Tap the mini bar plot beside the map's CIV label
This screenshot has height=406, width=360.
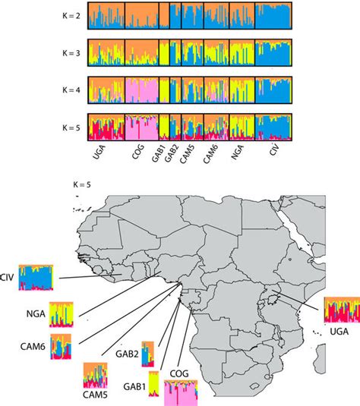pos(38,278)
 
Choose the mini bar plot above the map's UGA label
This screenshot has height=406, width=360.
pos(340,311)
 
